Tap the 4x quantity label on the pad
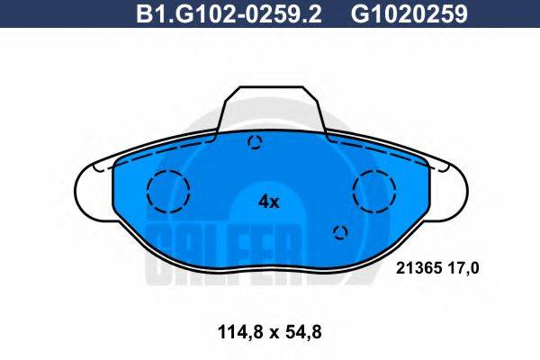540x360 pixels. (x=269, y=202)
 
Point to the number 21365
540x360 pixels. (x=416, y=267)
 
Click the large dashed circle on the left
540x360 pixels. (x=168, y=191)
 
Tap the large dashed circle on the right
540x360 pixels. (x=374, y=190)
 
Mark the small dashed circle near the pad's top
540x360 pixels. (x=256, y=141)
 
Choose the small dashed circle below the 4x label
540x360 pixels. (x=340, y=233)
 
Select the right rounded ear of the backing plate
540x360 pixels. (x=454, y=185)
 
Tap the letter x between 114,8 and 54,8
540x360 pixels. (x=268, y=332)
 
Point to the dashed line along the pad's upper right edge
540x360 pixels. (x=378, y=146)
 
